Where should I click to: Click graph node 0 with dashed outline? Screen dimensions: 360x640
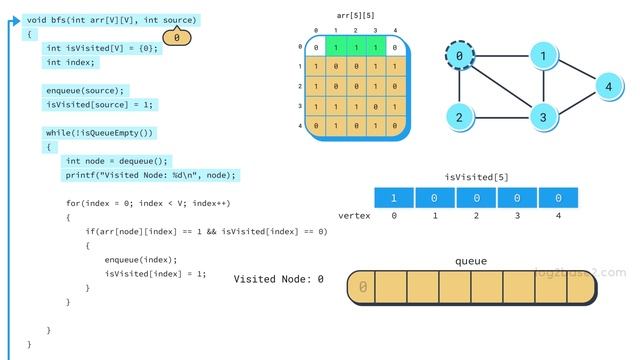coord(459,58)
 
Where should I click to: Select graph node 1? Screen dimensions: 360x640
coord(543,58)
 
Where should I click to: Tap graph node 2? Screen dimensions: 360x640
coord(459,117)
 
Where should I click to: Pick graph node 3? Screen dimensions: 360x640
coord(543,117)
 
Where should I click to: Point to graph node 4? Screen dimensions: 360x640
coord(608,87)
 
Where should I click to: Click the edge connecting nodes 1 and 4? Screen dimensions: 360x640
coord(576,72)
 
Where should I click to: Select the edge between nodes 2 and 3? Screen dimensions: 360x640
coord(501,117)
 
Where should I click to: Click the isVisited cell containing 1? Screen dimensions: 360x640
coord(394,198)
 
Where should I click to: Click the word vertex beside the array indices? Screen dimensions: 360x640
coord(355,216)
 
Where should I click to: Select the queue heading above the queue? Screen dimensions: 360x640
coord(471,261)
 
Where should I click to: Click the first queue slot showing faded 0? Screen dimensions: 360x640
coord(363,288)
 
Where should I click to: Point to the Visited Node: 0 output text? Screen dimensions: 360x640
coord(279,279)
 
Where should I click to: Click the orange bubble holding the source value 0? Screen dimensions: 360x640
coord(176,38)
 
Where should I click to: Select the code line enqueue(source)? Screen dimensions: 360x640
coord(86,90)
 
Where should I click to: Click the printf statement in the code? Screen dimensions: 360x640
coord(151,175)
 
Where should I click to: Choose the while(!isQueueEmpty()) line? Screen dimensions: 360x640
coord(100,132)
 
